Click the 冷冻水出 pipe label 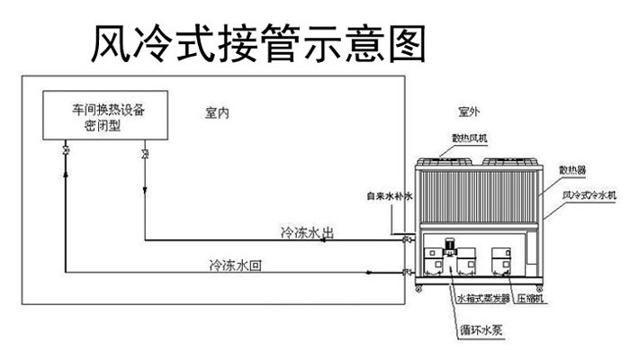click(x=309, y=232)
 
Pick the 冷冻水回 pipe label click(x=236, y=265)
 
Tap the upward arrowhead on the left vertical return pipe click(x=65, y=170)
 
